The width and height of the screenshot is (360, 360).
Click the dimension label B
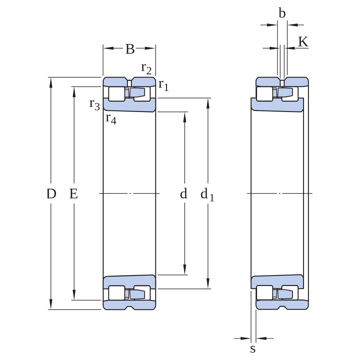pyautogui.click(x=130, y=49)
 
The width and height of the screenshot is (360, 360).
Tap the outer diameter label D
pyautogui.click(x=51, y=194)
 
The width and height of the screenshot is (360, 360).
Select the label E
pyautogui.click(x=73, y=194)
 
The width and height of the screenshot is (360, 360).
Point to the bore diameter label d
pyautogui.click(x=183, y=193)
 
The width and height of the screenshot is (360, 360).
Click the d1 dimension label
pyautogui.click(x=207, y=194)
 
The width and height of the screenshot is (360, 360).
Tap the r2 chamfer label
pyautogui.click(x=146, y=68)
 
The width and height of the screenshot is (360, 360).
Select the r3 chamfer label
pyautogui.click(x=95, y=104)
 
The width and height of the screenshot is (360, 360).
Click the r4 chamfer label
pyautogui.click(x=111, y=118)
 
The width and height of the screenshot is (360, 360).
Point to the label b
pyautogui.click(x=282, y=13)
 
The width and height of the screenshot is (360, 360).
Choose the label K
pyautogui.click(x=303, y=42)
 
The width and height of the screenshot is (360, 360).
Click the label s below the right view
pyautogui.click(x=253, y=349)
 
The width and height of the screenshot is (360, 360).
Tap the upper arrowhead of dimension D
pyautogui.click(x=51, y=83)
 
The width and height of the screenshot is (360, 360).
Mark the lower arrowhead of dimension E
pyautogui.click(x=74, y=295)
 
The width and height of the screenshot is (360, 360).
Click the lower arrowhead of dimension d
pyautogui.click(x=185, y=270)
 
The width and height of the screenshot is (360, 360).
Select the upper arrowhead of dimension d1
pyautogui.click(x=208, y=103)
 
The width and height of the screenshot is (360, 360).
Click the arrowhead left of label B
pyautogui.click(x=108, y=48)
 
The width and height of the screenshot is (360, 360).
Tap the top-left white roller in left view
pyautogui.click(x=117, y=94)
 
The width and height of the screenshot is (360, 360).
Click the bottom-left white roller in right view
pyautogui.click(x=264, y=293)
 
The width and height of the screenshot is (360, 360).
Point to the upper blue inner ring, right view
pyautogui.click(x=277, y=105)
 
